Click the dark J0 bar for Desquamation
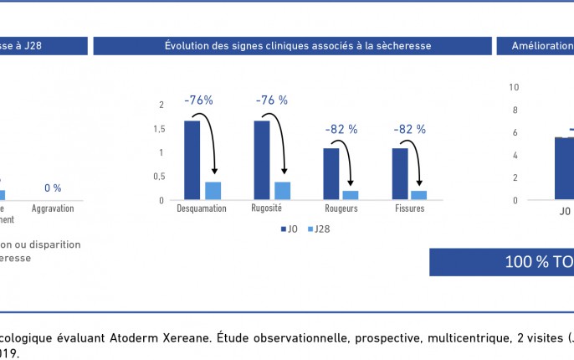point(192,160)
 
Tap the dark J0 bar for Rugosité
point(261,160)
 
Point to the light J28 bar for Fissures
point(419,195)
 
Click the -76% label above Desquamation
point(198,100)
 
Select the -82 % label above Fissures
point(409,129)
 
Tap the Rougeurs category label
point(341,208)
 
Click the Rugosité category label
point(267,208)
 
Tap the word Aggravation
point(53,208)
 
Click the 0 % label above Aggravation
point(53,188)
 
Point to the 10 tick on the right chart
point(514,86)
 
